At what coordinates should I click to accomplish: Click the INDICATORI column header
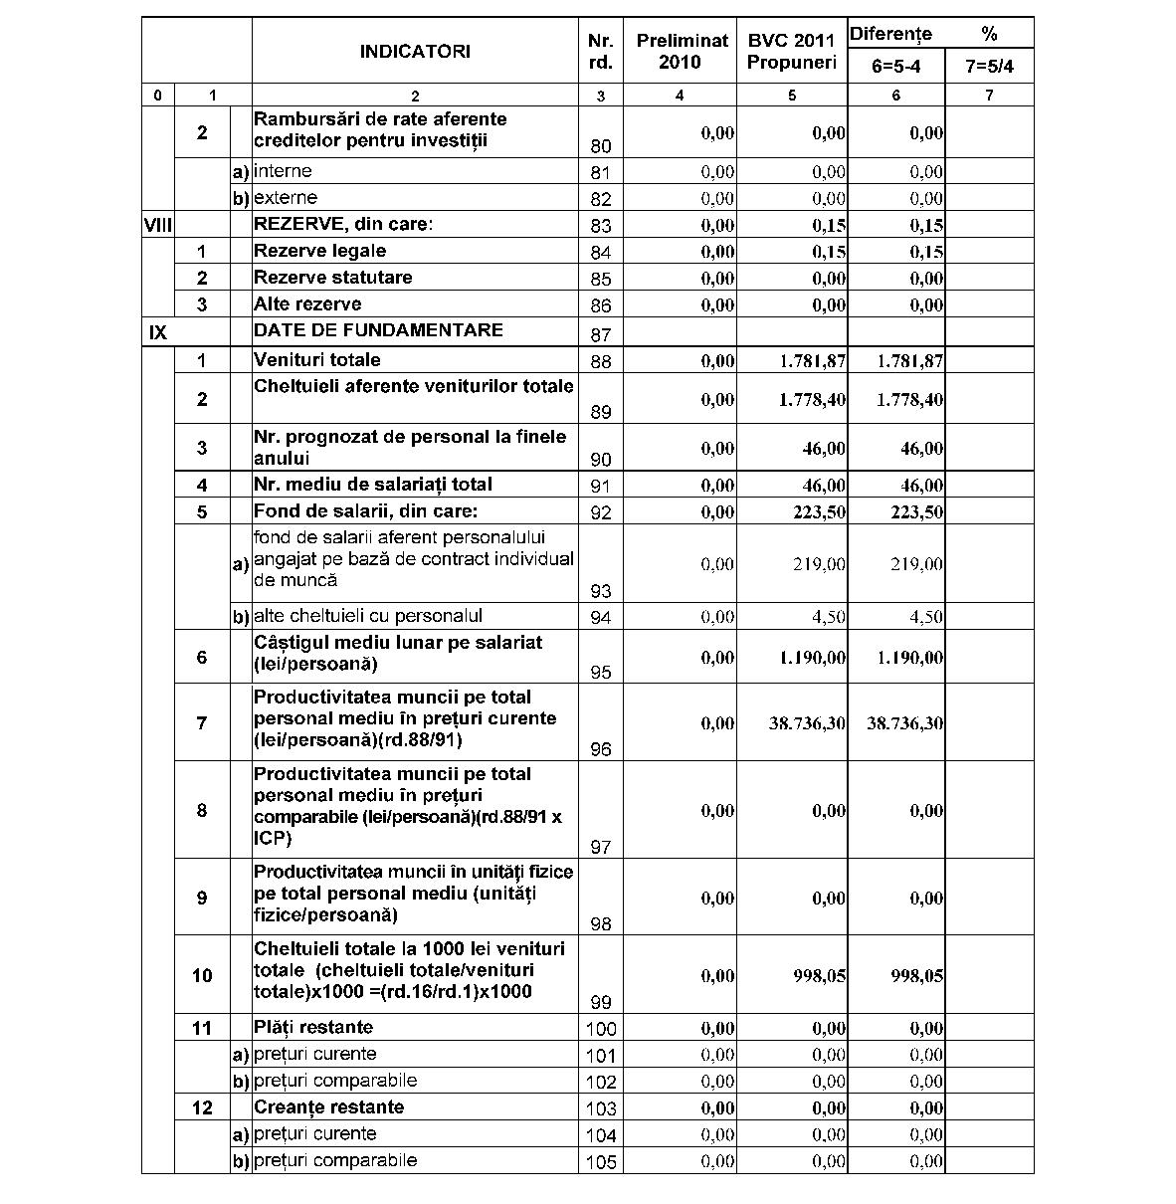[415, 51]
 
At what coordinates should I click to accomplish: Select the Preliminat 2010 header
[682, 51]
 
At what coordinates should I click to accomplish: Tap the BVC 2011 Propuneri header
[791, 51]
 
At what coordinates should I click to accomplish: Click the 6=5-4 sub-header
[895, 68]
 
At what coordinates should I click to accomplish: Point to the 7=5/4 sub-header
[989, 68]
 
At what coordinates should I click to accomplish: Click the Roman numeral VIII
[158, 225]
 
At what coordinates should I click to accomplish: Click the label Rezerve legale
[319, 251]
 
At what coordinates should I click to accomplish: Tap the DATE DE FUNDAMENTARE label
[378, 330]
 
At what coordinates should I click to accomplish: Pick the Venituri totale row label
[316, 359]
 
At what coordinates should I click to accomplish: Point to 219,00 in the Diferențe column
[916, 565]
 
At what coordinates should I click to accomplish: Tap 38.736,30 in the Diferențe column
[904, 723]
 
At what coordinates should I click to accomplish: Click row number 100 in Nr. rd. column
[601, 1029]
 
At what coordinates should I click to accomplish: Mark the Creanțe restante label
[328, 1107]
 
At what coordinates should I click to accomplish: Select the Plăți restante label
[313, 1027]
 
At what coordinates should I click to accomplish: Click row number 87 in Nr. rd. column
[601, 334]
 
